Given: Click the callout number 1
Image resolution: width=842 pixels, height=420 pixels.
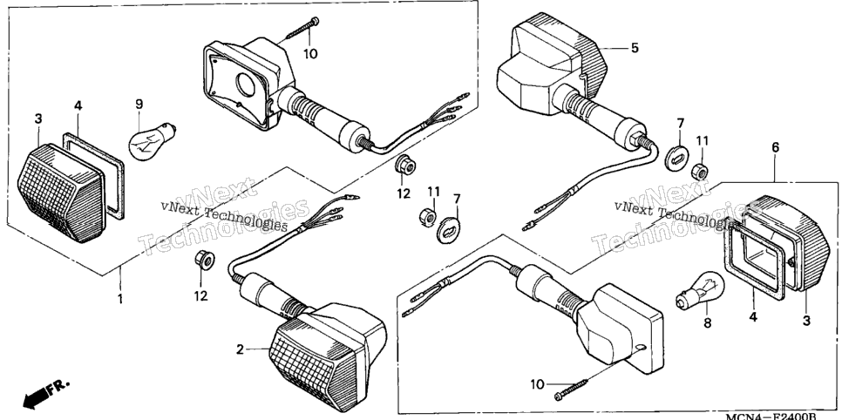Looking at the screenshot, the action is (120, 298).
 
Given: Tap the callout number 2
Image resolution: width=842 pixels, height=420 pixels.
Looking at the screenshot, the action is (240, 350).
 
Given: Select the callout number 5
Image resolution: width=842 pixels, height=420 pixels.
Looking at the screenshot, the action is (635, 48).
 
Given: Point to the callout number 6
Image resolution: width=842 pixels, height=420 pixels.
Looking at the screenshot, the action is (776, 147).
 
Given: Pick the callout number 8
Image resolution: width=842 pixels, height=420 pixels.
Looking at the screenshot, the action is (707, 323).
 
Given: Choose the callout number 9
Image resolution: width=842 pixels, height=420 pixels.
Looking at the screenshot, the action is (139, 103).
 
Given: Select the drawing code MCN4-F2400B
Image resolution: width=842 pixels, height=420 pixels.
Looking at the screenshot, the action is (771, 416).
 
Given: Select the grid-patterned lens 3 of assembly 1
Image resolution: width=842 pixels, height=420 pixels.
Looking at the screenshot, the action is (60, 193).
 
